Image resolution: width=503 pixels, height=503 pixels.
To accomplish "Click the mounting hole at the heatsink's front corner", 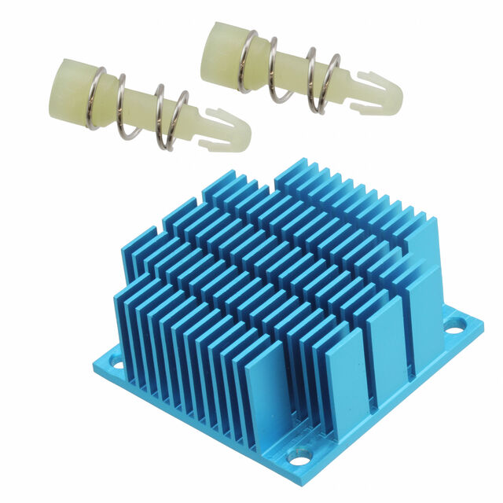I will [299, 455].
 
